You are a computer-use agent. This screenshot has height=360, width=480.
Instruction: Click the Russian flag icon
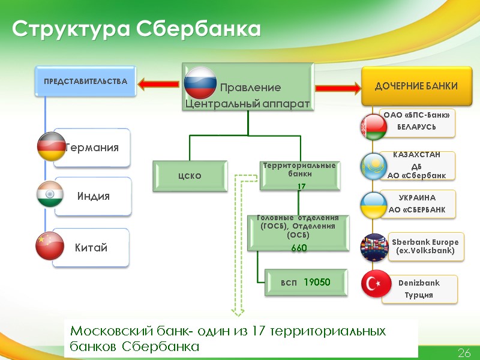pos(200,82)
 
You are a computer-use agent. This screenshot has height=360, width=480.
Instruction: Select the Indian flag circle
pos(52,196)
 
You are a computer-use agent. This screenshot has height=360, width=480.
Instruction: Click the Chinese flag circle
pos(52,246)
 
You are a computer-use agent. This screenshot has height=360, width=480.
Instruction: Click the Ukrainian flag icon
pos(374,205)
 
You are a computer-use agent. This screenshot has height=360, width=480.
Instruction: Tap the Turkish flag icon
pos(376,284)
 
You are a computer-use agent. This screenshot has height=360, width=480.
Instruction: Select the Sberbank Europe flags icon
pos(375,247)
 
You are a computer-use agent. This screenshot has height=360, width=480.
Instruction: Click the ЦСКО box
pos(190,176)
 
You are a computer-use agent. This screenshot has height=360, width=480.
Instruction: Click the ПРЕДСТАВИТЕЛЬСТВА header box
pos(85,81)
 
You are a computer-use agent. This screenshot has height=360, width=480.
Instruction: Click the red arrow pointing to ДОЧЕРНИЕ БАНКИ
pos(336,88)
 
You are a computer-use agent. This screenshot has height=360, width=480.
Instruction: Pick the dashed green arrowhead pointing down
pos(238,311)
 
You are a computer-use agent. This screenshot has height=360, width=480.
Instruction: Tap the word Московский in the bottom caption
pos(115,331)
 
